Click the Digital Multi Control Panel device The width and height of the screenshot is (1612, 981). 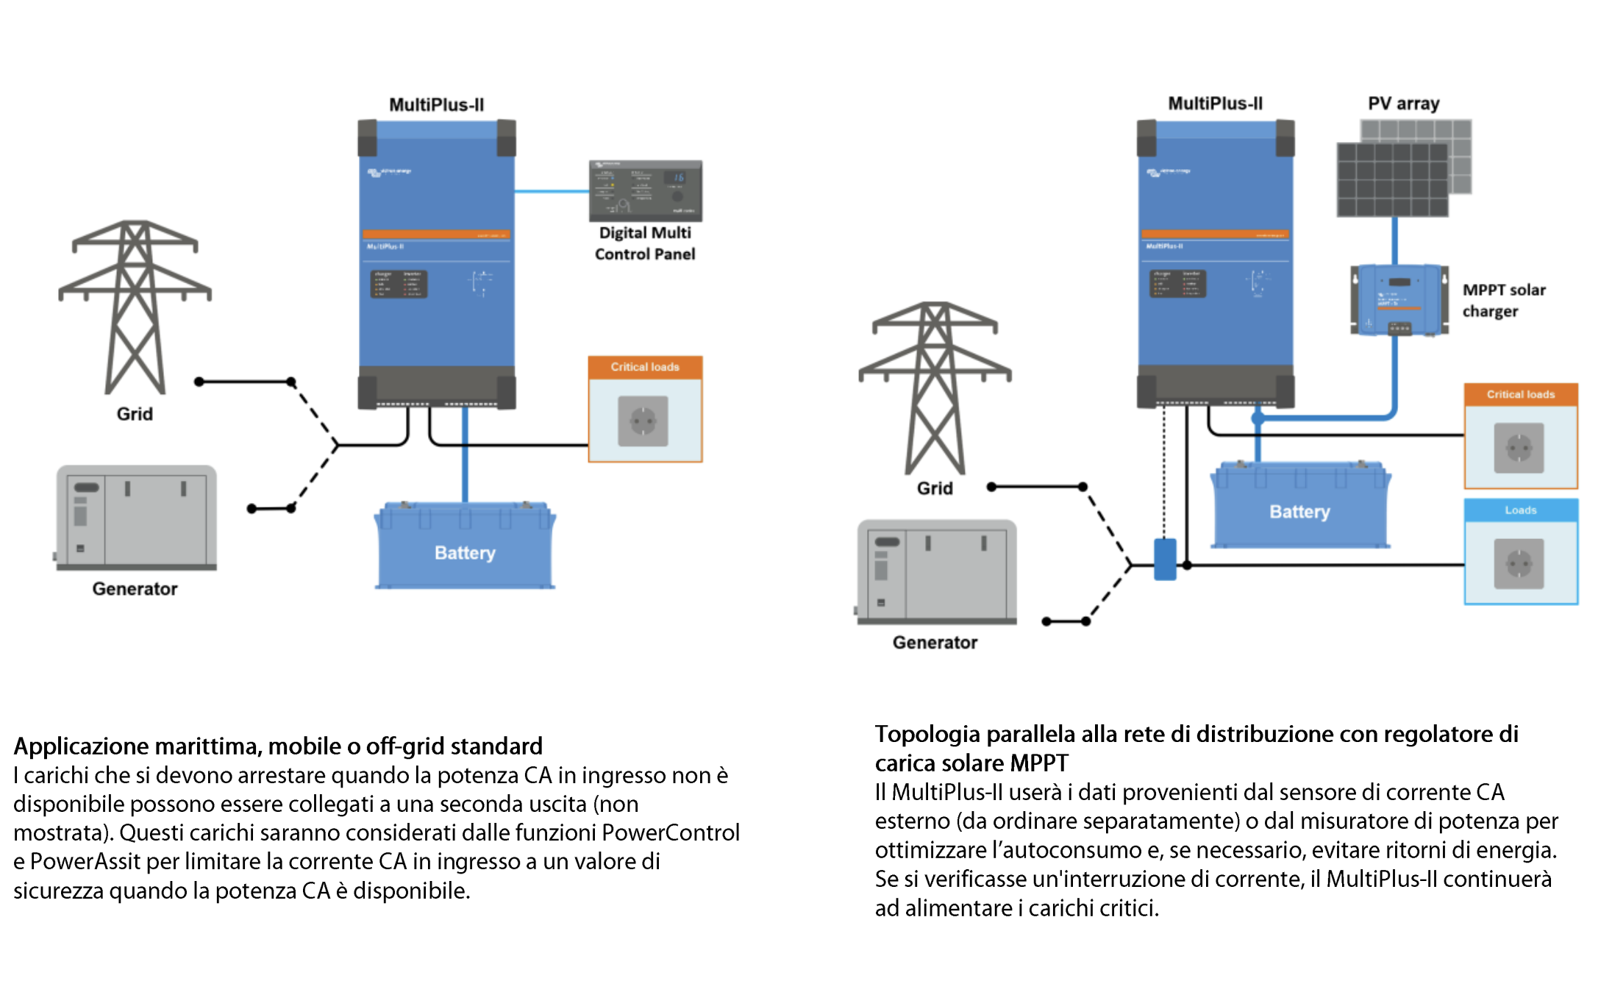(x=645, y=190)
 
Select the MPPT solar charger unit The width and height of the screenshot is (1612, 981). (x=1399, y=300)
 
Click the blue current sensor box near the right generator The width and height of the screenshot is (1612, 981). (x=1165, y=560)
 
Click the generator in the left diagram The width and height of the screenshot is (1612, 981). (x=136, y=518)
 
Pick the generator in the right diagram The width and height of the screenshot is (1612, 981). (x=936, y=572)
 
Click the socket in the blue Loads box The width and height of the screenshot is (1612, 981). (x=1519, y=563)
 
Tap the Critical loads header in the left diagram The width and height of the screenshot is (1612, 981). (x=645, y=367)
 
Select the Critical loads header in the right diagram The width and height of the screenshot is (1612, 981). (x=1520, y=394)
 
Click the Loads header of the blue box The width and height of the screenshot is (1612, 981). (x=1520, y=510)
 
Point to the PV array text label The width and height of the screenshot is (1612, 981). (x=1403, y=104)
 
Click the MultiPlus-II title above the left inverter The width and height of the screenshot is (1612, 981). (x=436, y=105)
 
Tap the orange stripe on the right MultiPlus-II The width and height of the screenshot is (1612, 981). (x=1215, y=235)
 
